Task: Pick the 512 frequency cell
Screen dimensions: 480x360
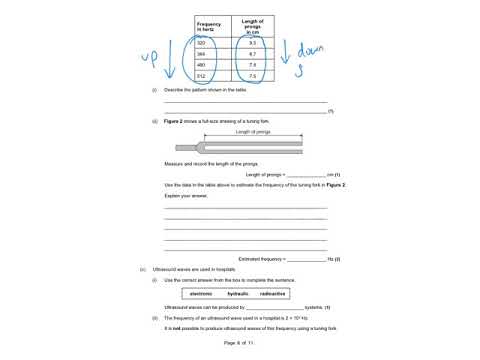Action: coord(200,90)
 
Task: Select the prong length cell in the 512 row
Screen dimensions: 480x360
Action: coord(252,90)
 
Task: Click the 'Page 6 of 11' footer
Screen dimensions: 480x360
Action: coord(240,342)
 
